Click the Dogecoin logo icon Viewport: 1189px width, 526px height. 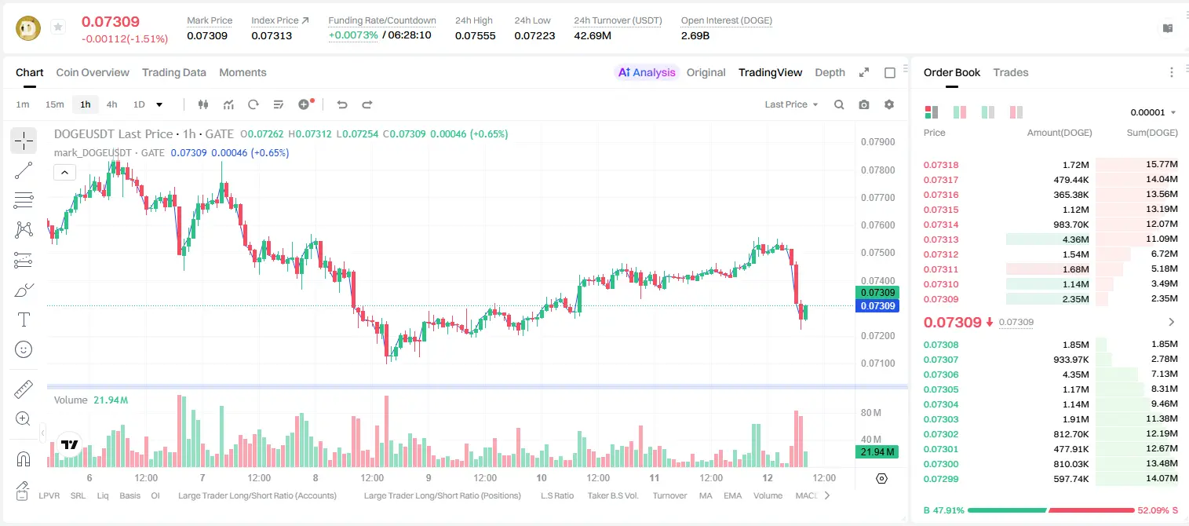(28, 27)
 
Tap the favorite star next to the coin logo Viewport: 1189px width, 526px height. (58, 27)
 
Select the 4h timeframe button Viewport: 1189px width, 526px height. (111, 104)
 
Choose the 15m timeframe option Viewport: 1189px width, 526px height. (55, 104)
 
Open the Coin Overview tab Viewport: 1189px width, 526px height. (93, 72)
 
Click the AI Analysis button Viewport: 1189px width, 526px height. (647, 72)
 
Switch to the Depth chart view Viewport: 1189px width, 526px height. (830, 72)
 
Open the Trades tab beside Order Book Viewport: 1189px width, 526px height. (1011, 72)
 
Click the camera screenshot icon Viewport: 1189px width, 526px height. (864, 104)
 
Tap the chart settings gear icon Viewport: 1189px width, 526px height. (889, 104)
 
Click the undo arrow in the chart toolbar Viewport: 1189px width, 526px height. (342, 104)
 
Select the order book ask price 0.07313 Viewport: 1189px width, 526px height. (940, 239)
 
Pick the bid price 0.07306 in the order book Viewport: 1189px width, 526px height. (940, 374)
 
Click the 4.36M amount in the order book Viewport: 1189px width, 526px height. (1075, 239)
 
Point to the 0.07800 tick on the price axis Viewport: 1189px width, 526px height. (878, 170)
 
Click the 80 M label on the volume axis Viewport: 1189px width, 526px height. (871, 412)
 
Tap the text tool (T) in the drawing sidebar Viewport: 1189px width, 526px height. (24, 320)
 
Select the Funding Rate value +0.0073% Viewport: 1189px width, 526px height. (353, 35)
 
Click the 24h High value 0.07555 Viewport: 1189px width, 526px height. (475, 35)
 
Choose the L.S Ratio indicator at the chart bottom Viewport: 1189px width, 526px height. (556, 495)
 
